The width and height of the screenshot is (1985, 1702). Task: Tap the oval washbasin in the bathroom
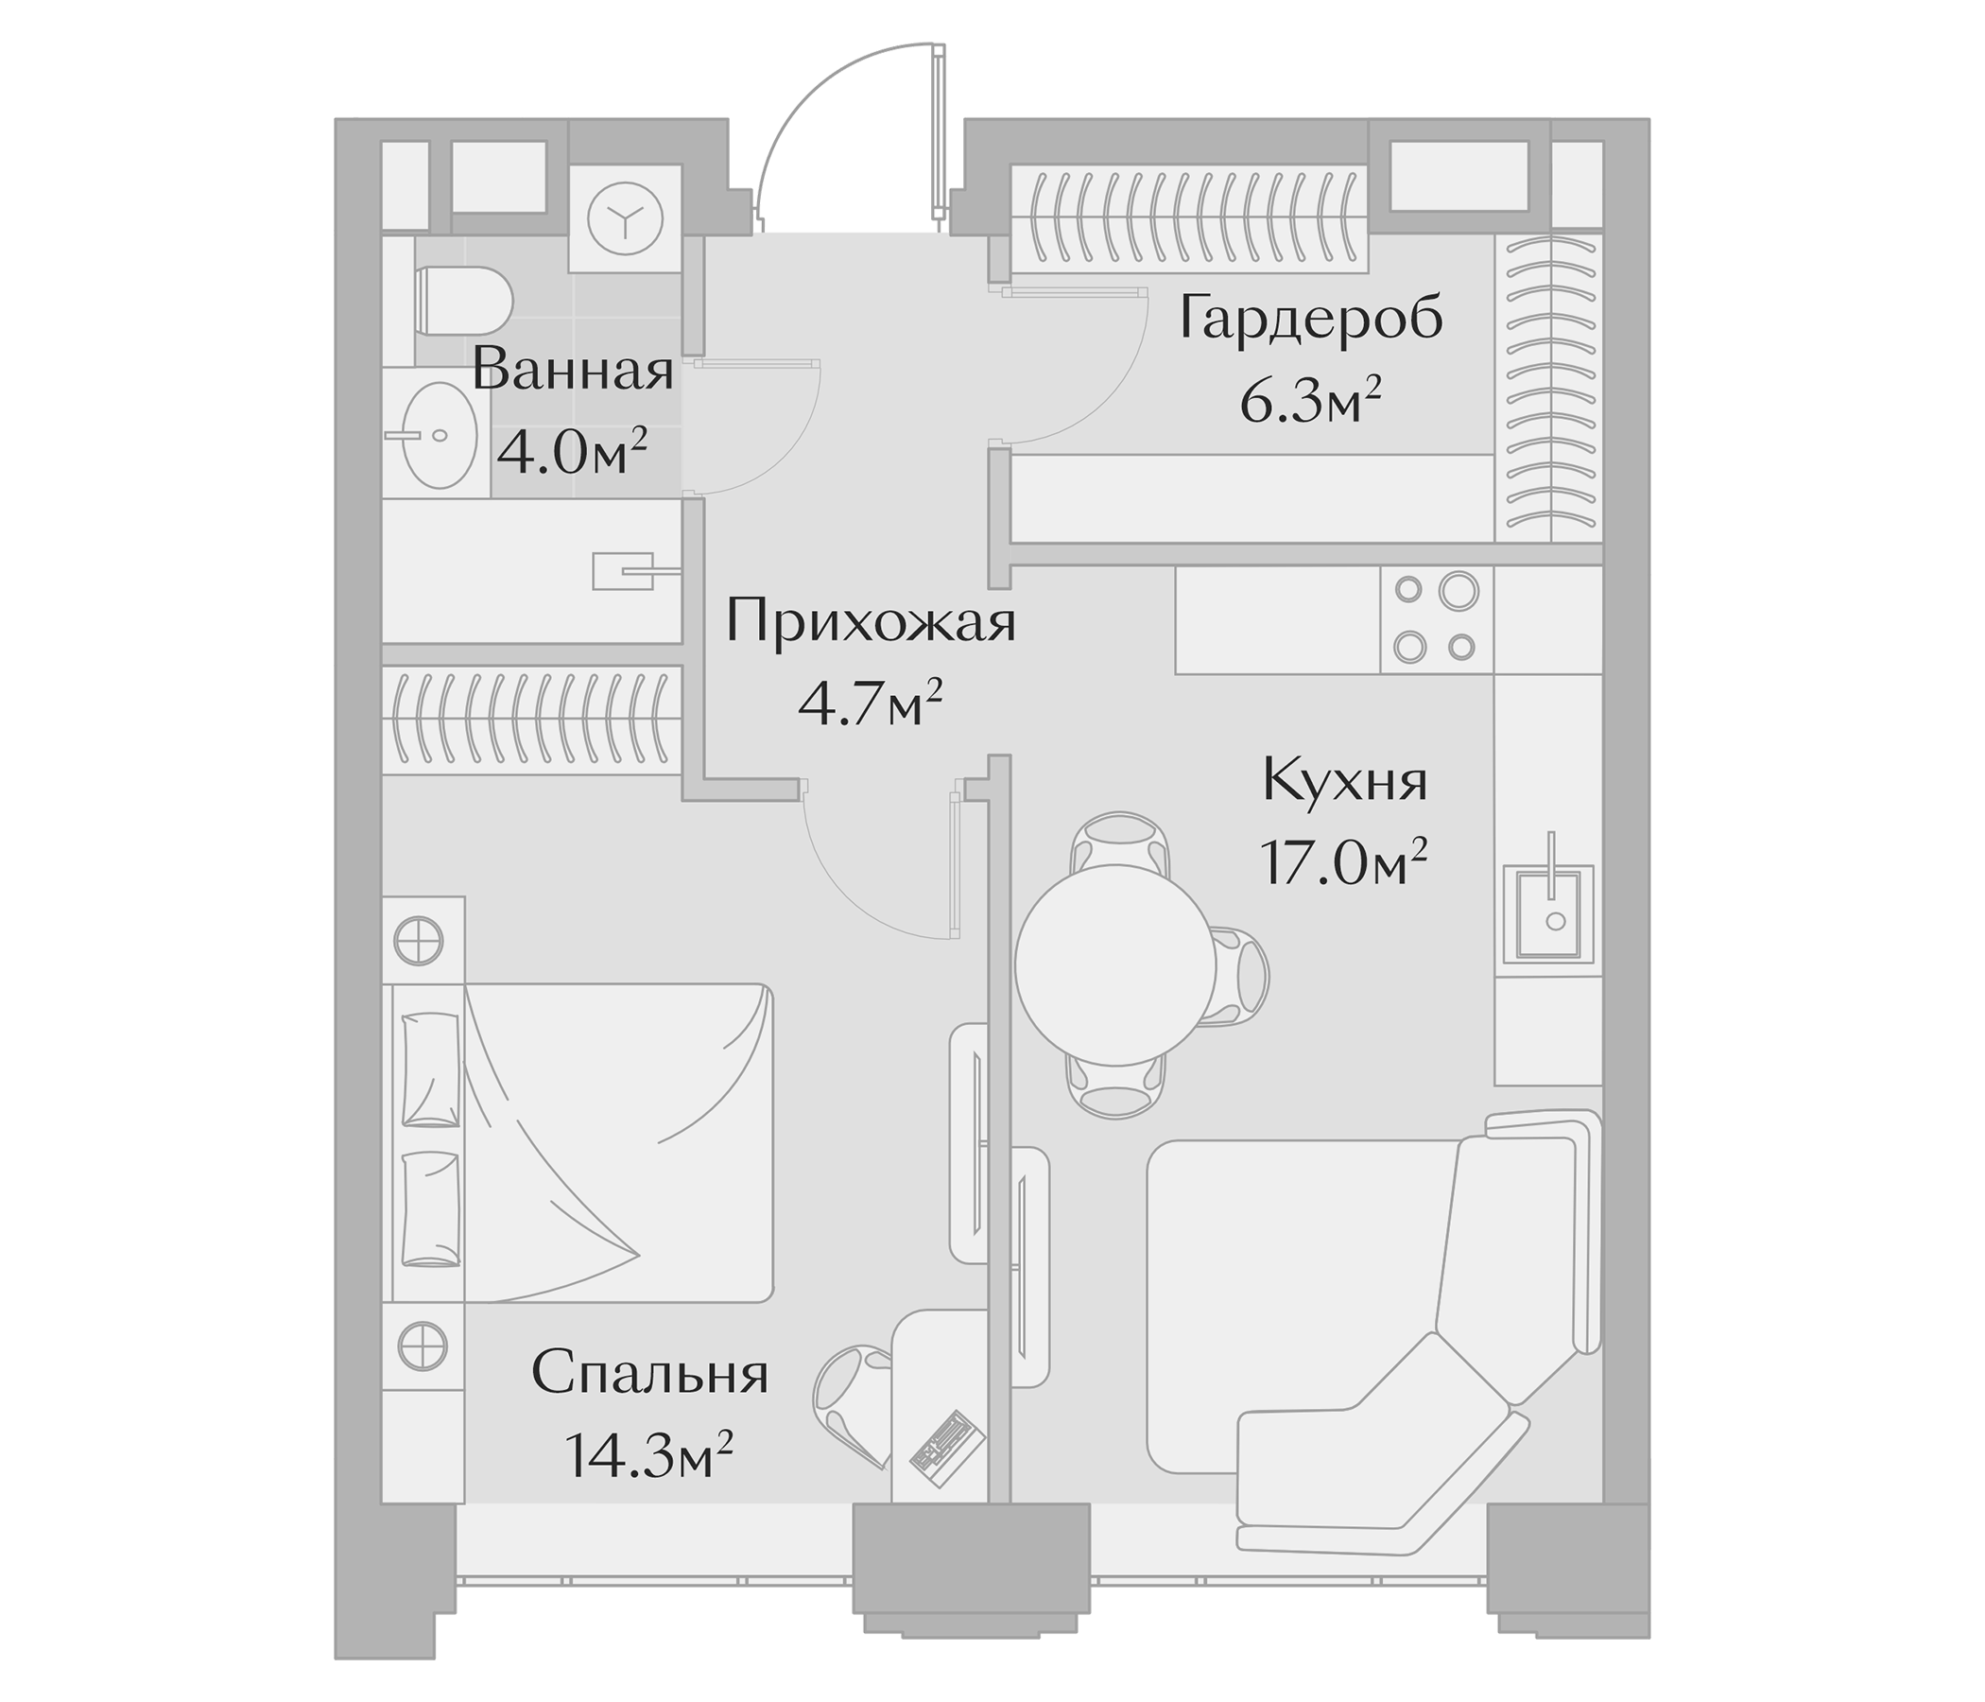(439, 435)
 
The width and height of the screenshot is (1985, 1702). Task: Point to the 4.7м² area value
(870, 707)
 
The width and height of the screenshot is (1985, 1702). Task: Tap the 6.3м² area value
(1310, 404)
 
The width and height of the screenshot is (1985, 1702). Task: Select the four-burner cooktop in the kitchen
(1435, 619)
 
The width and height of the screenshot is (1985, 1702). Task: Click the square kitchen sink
(1548, 912)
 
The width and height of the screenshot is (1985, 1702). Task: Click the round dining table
(1115, 965)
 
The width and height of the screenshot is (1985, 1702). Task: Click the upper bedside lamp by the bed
(419, 940)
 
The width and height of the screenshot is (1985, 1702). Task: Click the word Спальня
(649, 1374)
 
